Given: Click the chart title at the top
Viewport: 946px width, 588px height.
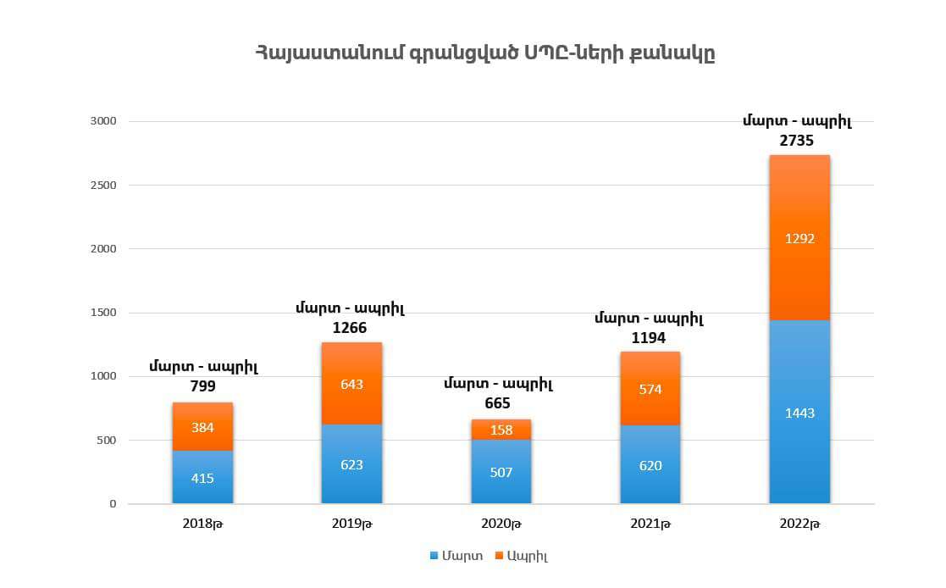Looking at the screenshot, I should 485,53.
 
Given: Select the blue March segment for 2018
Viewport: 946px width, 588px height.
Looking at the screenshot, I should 202,477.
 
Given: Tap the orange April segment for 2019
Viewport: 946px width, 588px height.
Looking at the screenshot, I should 351,384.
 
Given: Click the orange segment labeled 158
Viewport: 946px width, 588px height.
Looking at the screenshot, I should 501,430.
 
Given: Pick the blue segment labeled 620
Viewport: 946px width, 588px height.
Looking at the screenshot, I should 650,464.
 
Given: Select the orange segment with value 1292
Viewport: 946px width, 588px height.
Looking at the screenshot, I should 799,238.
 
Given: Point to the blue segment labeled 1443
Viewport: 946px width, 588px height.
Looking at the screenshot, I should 799,413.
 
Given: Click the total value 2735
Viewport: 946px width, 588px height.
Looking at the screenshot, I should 797,141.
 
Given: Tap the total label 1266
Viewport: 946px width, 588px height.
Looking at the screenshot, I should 350,328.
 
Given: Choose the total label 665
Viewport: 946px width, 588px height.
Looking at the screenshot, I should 498,403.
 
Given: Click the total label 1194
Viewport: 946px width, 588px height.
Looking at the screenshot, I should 648,338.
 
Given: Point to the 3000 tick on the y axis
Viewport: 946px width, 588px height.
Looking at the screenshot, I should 102,121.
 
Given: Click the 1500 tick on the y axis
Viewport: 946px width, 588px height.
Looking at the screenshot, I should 102,313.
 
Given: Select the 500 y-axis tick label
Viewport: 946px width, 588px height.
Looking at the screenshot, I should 105,441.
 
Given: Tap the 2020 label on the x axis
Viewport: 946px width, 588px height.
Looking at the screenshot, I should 501,524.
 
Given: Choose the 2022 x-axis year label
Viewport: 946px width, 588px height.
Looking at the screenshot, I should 799,524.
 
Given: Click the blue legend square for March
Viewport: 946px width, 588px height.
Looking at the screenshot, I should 434,556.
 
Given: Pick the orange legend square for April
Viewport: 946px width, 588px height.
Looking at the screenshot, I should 500,556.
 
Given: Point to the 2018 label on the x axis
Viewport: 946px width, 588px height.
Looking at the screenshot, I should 202,524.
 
